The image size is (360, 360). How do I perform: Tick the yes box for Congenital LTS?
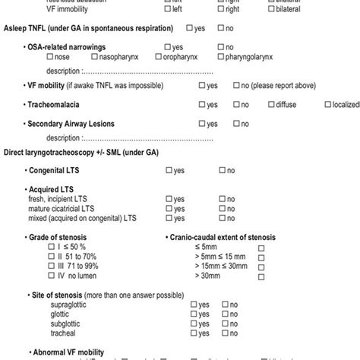(x=169, y=171)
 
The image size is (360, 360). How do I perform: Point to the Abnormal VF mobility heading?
(x=69, y=352)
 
